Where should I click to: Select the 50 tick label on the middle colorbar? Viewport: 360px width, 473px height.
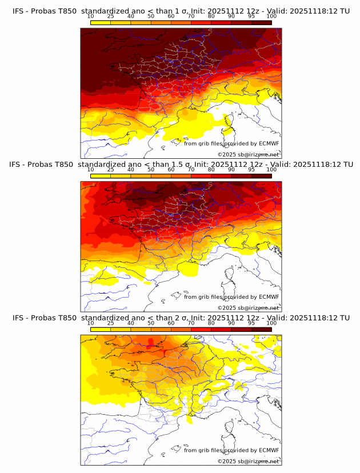tap(151, 170)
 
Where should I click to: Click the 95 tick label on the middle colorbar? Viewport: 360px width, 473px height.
tap(251, 170)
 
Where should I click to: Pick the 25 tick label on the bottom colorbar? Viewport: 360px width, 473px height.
tap(111, 323)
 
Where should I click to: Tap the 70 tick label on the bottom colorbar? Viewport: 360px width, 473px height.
tap(191, 323)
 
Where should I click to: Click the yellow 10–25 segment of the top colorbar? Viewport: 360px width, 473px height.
tap(101, 22)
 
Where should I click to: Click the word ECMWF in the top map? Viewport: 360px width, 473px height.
tap(269, 144)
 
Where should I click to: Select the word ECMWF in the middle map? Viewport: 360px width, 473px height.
tap(269, 297)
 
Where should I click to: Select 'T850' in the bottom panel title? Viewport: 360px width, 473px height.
tap(65, 318)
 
